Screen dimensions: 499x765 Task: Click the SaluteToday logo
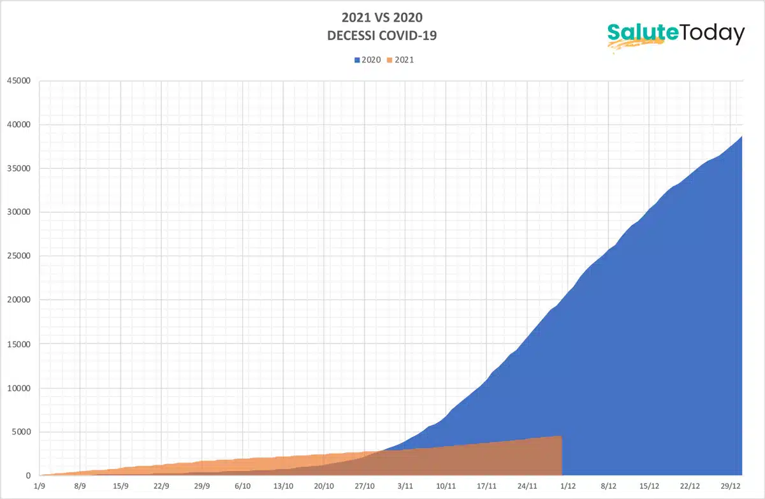676,34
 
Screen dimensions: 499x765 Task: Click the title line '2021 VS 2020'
382,18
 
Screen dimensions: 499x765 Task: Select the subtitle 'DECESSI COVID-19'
382,36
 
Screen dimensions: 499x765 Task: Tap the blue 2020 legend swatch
358,61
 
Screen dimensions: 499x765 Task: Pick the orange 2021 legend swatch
391,61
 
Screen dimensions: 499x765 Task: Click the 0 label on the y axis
28,476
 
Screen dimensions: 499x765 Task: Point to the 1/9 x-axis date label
40,487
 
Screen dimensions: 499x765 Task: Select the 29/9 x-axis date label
202,487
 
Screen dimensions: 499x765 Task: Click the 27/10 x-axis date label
365,487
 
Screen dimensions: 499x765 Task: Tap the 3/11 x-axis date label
405,487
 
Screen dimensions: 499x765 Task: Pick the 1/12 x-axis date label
568,487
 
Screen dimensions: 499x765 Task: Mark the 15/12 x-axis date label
649,487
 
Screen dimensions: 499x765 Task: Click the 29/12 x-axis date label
731,487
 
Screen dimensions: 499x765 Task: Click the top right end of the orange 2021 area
561,437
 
